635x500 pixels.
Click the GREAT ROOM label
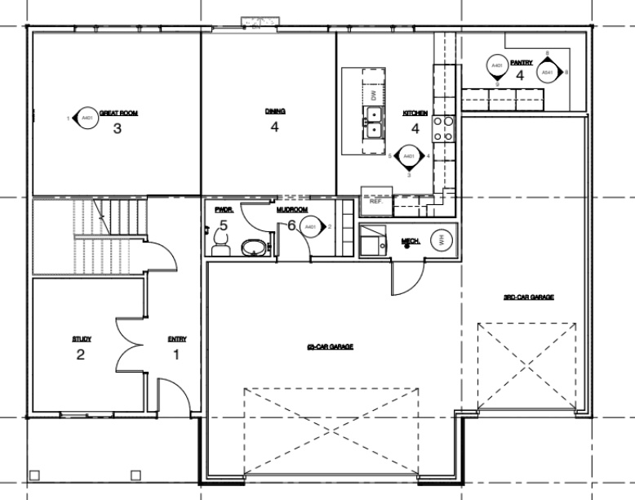[118, 113]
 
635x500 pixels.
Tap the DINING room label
[274, 111]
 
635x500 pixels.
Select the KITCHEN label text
[415, 113]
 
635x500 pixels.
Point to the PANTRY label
[521, 62]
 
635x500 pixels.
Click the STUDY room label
[81, 338]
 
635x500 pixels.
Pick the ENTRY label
[176, 339]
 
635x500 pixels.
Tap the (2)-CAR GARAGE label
[330, 347]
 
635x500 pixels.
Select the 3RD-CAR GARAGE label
[528, 297]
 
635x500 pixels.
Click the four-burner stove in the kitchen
[442, 129]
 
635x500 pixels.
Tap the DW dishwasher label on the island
[374, 96]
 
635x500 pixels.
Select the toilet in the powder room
[219, 243]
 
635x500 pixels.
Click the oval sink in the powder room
[255, 247]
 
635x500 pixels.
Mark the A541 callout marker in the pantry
[548, 73]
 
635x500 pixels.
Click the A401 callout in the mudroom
[311, 226]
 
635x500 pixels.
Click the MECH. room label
[410, 241]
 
